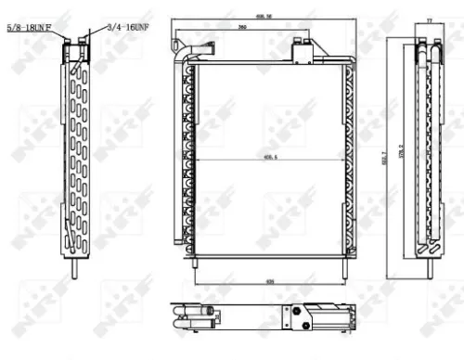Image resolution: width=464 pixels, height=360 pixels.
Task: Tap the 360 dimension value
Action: click(242, 29)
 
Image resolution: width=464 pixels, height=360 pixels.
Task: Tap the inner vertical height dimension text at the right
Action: click(402, 153)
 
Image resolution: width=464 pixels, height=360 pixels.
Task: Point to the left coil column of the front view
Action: click(188, 158)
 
